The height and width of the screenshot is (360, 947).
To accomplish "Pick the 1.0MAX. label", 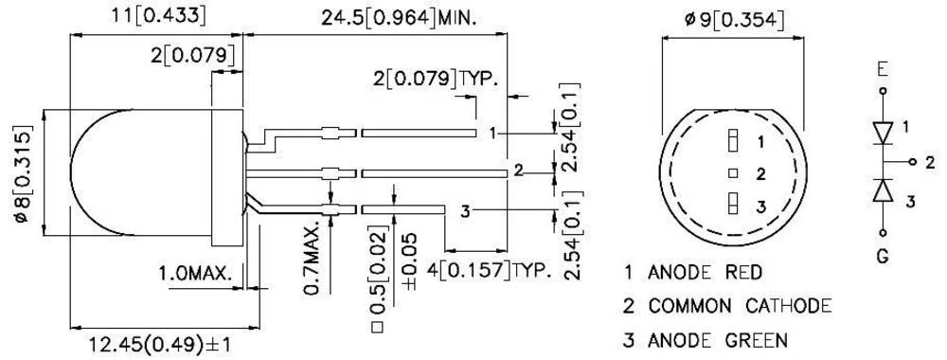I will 195,274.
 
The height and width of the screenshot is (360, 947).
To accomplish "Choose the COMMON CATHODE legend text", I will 740,306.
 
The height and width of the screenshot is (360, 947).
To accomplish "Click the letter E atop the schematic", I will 883,69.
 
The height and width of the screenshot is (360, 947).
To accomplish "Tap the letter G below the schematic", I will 883,255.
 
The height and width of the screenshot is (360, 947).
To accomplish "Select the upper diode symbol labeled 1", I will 883,129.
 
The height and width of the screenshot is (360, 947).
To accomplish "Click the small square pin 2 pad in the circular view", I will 731,172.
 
